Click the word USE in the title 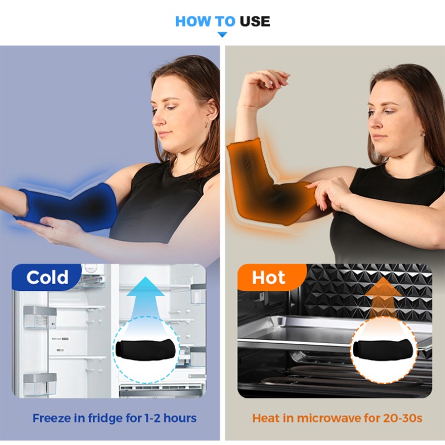(x=255, y=22)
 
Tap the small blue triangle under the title (x=222, y=35)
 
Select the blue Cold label (x=47, y=277)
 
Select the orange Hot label (x=268, y=277)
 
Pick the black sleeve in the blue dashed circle (x=146, y=350)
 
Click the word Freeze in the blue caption (x=50, y=418)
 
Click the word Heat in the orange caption (x=265, y=418)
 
